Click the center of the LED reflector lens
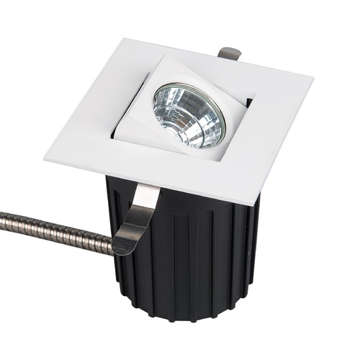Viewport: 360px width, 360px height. pyautogui.click(x=189, y=115)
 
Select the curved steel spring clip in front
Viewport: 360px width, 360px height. pyautogui.click(x=138, y=216)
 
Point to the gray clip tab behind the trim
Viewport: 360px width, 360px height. pyautogui.click(x=228, y=53)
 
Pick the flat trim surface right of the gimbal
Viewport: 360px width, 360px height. pyautogui.click(x=277, y=115)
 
